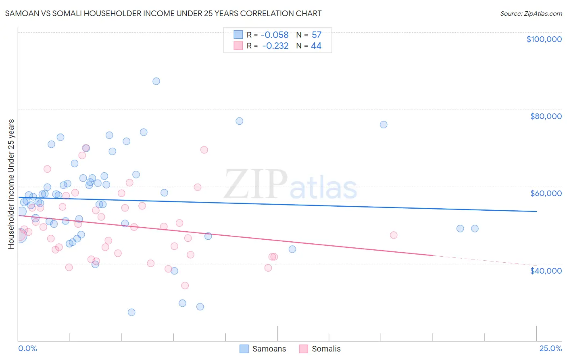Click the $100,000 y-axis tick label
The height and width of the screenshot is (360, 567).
coord(544,39)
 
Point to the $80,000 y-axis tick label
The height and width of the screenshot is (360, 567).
coord(546,116)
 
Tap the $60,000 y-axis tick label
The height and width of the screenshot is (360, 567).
coord(546,193)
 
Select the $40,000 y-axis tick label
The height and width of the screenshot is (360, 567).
coord(546,270)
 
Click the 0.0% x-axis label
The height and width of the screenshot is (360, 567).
coord(27,348)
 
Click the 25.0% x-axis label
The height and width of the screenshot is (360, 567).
coord(550,348)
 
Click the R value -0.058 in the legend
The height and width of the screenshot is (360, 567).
coord(275,35)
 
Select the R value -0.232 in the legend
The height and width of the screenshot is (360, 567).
coord(275,46)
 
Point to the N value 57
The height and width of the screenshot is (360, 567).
coord(317,35)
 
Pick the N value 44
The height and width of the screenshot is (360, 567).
coord(316,46)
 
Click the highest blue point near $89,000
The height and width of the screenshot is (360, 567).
coord(156,81)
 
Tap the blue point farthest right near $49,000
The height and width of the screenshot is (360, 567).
coord(475,228)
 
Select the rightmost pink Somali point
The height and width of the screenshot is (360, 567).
coord(394,235)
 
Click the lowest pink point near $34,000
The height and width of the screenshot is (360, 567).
coord(185,285)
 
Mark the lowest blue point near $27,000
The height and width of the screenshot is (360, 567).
coord(131,312)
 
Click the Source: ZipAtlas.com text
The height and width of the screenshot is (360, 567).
coord(531,14)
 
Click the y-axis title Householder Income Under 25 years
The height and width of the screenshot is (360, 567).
coord(11,184)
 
